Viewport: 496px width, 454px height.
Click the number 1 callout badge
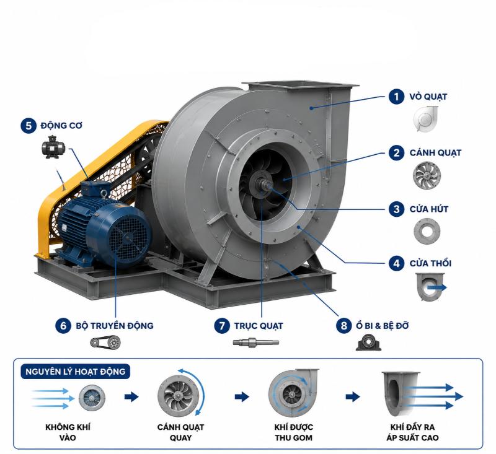(396, 97)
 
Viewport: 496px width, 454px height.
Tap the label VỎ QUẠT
(428, 97)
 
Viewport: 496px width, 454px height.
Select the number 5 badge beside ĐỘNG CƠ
(29, 126)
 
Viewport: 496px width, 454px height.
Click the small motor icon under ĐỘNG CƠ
(53, 147)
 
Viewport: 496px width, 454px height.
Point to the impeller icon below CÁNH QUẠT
(427, 176)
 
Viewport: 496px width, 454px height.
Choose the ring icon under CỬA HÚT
(427, 231)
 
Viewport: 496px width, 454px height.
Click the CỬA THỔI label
(430, 263)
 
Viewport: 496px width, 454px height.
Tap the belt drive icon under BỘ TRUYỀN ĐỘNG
(105, 342)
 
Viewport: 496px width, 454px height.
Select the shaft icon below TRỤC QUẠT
(256, 342)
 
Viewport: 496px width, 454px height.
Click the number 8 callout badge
(344, 325)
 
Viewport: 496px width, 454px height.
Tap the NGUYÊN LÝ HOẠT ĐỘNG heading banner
(76, 372)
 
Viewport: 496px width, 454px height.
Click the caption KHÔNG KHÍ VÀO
(68, 432)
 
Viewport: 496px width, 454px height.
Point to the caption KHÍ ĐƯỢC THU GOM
(293, 432)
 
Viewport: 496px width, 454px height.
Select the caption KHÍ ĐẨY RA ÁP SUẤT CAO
(412, 432)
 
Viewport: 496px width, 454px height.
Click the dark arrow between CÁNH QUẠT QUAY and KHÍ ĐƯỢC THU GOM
(242, 396)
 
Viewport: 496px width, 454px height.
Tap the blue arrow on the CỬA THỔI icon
(437, 287)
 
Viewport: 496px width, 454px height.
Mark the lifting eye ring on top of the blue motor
(104, 193)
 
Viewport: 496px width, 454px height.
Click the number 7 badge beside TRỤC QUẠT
(222, 325)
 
